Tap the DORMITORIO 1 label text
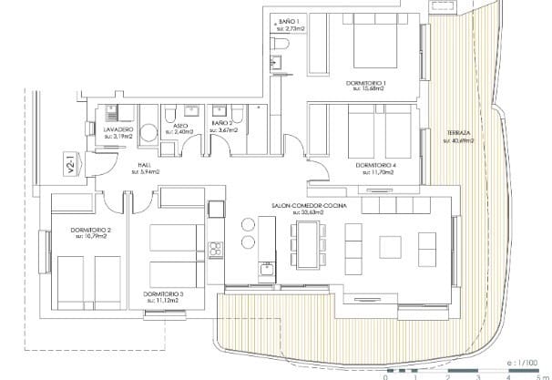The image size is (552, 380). coord(366,84)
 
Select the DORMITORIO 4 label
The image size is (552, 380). coord(373,165)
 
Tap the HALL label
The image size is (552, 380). coord(144,165)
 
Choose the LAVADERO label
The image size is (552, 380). coord(118,130)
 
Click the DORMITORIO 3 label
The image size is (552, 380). coord(164,293)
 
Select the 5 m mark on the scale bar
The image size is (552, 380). coord(538,375)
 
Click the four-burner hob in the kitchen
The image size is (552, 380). coord(216,247)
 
